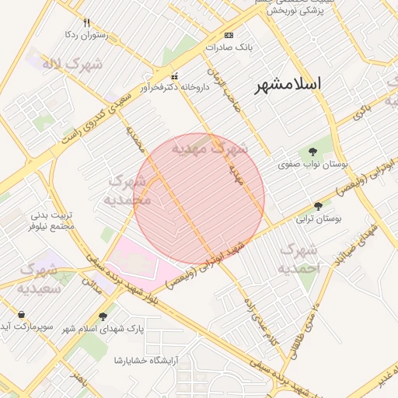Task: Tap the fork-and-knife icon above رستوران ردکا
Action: (x=86, y=23)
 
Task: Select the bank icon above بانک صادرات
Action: (x=229, y=36)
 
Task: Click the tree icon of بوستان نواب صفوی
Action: (x=313, y=152)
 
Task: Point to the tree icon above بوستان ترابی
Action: (x=318, y=207)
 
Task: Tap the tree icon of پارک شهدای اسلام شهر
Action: (x=103, y=316)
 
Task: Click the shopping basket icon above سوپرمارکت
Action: (x=21, y=314)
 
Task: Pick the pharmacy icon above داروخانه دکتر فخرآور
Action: (x=174, y=76)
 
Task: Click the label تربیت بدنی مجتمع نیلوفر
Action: (x=52, y=220)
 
